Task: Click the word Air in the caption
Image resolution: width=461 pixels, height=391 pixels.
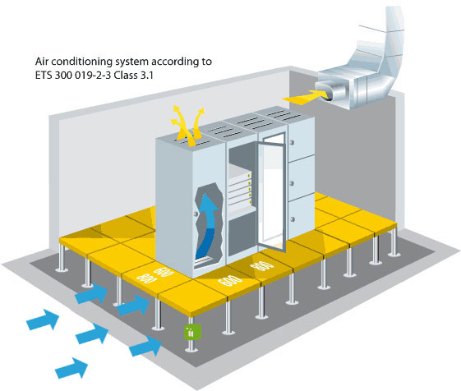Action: tap(42, 62)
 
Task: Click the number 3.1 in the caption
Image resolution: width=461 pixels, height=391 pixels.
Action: tap(146, 76)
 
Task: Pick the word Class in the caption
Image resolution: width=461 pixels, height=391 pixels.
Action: tap(126, 76)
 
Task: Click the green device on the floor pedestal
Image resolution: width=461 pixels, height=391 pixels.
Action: tap(192, 332)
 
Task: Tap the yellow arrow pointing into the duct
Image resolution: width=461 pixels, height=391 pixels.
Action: tap(306, 97)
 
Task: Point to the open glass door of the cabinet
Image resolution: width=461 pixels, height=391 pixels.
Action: tap(271, 192)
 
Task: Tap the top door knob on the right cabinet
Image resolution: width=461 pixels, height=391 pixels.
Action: tap(292, 143)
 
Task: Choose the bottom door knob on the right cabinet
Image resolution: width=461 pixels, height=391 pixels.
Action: tap(293, 219)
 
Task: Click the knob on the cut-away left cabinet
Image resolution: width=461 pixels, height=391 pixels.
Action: tap(196, 214)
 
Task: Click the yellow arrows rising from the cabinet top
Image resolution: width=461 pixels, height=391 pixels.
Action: tap(187, 126)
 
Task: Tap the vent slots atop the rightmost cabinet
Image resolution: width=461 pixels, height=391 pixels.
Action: tap(281, 115)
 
